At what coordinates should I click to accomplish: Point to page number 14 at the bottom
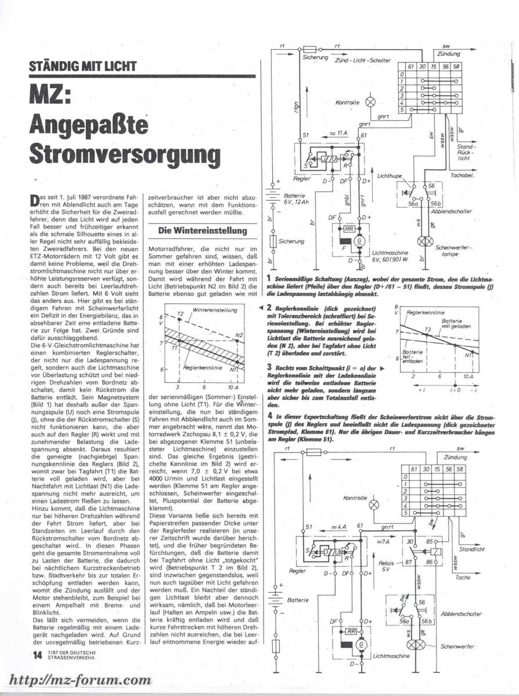click(37, 656)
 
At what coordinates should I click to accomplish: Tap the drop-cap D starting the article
click(34, 201)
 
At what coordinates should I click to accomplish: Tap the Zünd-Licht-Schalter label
click(363, 60)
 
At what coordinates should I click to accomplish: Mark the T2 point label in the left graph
click(180, 314)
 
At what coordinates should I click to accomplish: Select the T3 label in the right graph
click(428, 329)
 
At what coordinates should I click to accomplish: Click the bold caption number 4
click(270, 416)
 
